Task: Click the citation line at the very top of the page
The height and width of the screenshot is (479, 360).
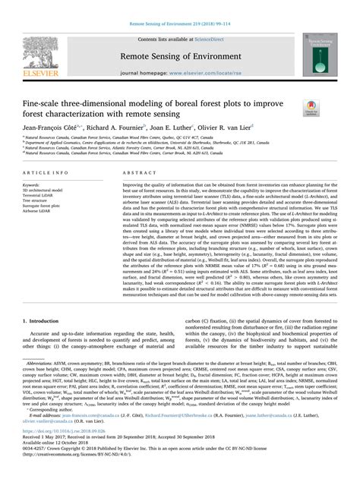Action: click(179, 5)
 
